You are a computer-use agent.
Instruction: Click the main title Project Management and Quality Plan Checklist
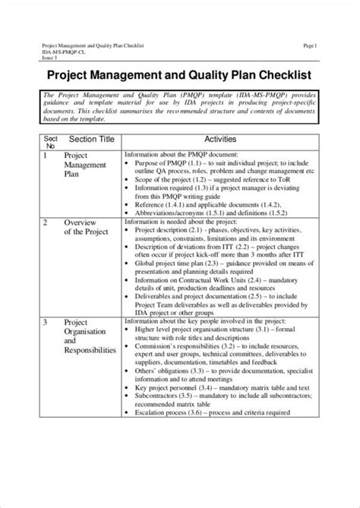tap(179, 76)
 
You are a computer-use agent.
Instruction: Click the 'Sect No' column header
tap(51, 142)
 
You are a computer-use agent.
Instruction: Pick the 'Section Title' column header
tap(91, 140)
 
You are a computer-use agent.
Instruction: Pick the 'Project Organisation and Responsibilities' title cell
tap(90, 336)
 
